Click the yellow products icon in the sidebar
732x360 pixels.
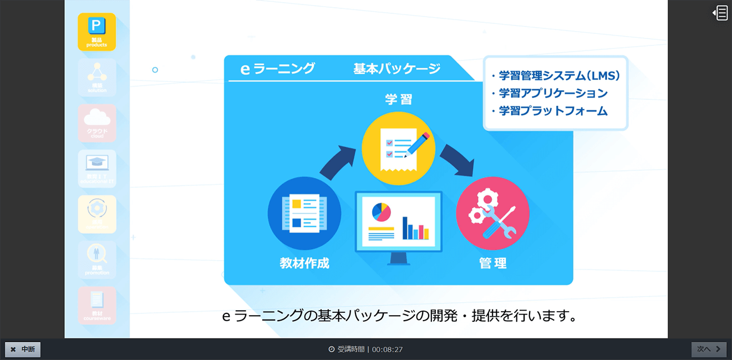click(97, 32)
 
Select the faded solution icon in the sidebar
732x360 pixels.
click(97, 77)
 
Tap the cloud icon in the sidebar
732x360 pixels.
click(97, 123)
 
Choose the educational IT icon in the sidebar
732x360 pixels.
click(97, 168)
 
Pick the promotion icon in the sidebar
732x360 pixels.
click(97, 259)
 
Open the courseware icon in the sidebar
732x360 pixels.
click(97, 305)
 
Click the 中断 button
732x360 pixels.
click(23, 349)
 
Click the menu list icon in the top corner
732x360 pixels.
click(720, 13)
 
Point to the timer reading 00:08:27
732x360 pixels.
click(387, 349)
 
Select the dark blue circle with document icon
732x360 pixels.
click(304, 214)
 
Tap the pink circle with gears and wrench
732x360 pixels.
click(492, 214)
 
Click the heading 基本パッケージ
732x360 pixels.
click(396, 69)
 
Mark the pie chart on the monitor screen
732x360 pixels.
click(381, 211)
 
